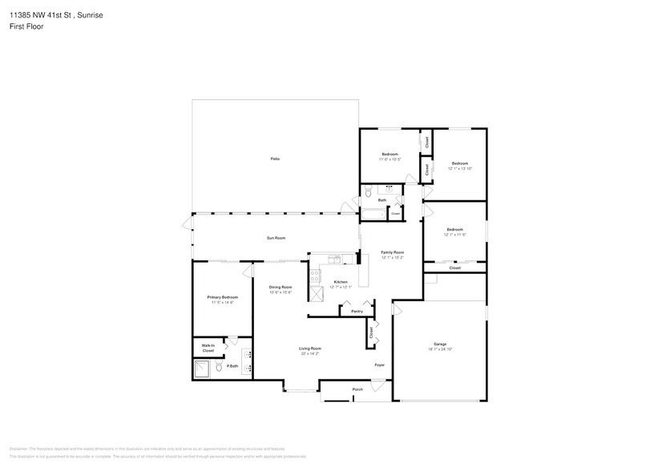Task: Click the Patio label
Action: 275,159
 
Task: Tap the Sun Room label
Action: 276,238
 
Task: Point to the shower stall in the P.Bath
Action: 203,368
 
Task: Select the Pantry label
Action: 357,311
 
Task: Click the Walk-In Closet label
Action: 208,348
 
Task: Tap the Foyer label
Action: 380,365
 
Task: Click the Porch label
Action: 357,389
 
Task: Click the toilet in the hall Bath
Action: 368,193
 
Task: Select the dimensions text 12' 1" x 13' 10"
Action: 460,168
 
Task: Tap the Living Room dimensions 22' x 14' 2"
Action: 310,353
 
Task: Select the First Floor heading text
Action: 27,26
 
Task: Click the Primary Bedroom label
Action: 222,297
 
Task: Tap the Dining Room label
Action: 281,287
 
